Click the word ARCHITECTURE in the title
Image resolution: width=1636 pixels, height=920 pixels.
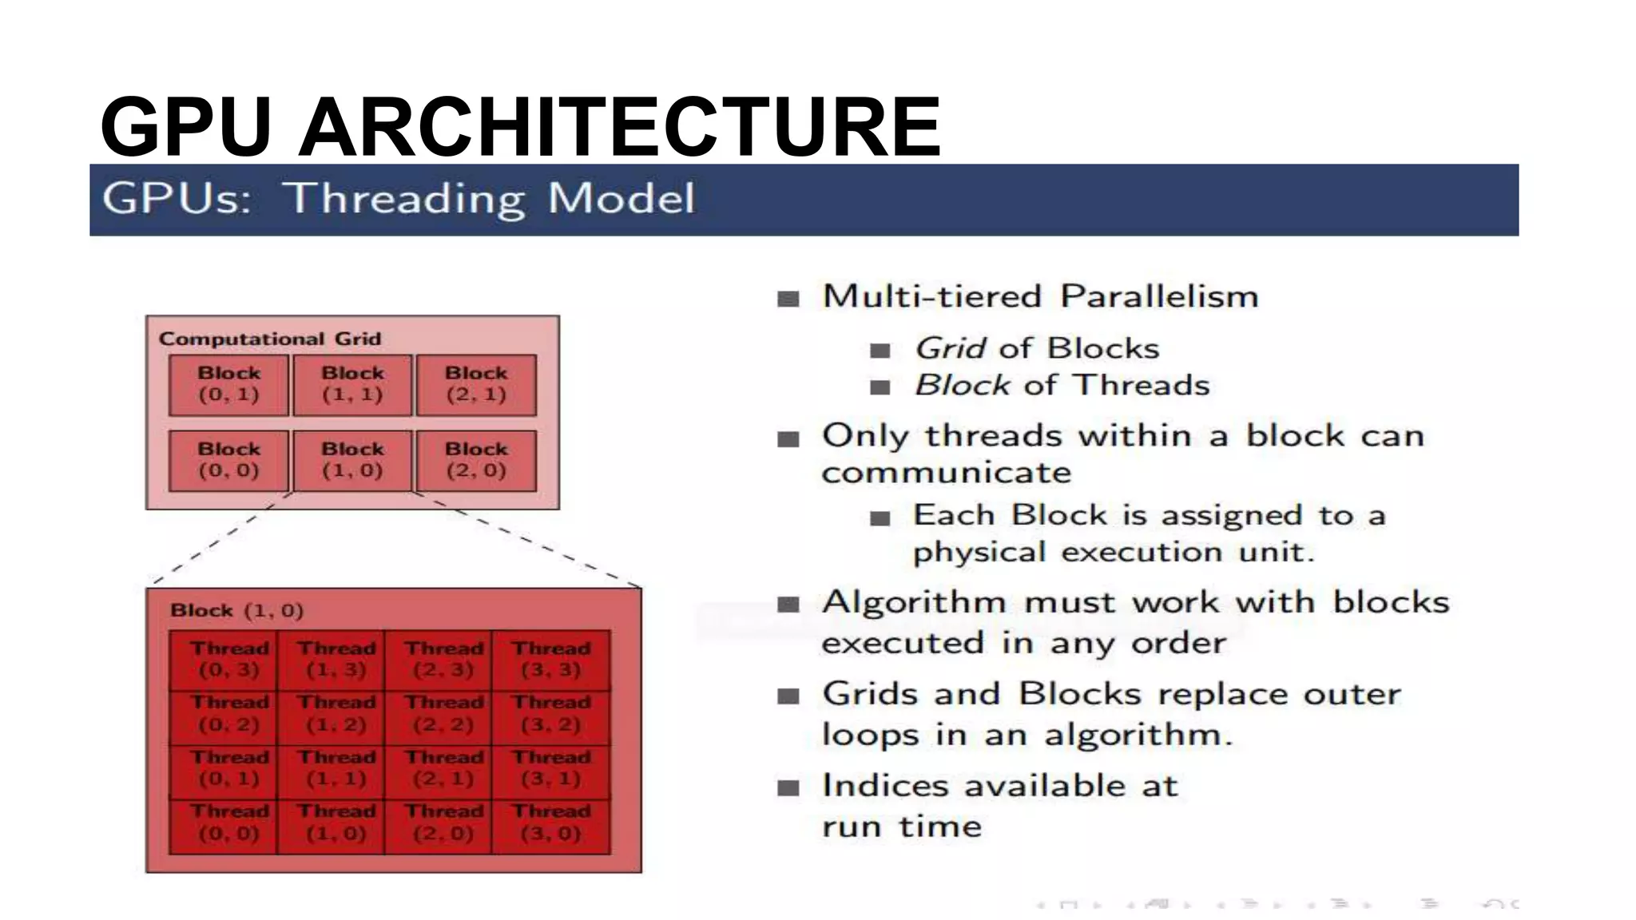619,128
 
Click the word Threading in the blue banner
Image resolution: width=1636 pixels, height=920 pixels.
405,199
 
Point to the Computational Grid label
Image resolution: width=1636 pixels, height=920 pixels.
270,339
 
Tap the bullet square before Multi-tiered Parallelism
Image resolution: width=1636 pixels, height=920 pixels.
788,299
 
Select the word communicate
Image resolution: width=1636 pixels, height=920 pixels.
946,473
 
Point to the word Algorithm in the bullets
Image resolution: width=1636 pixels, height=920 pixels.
914,602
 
